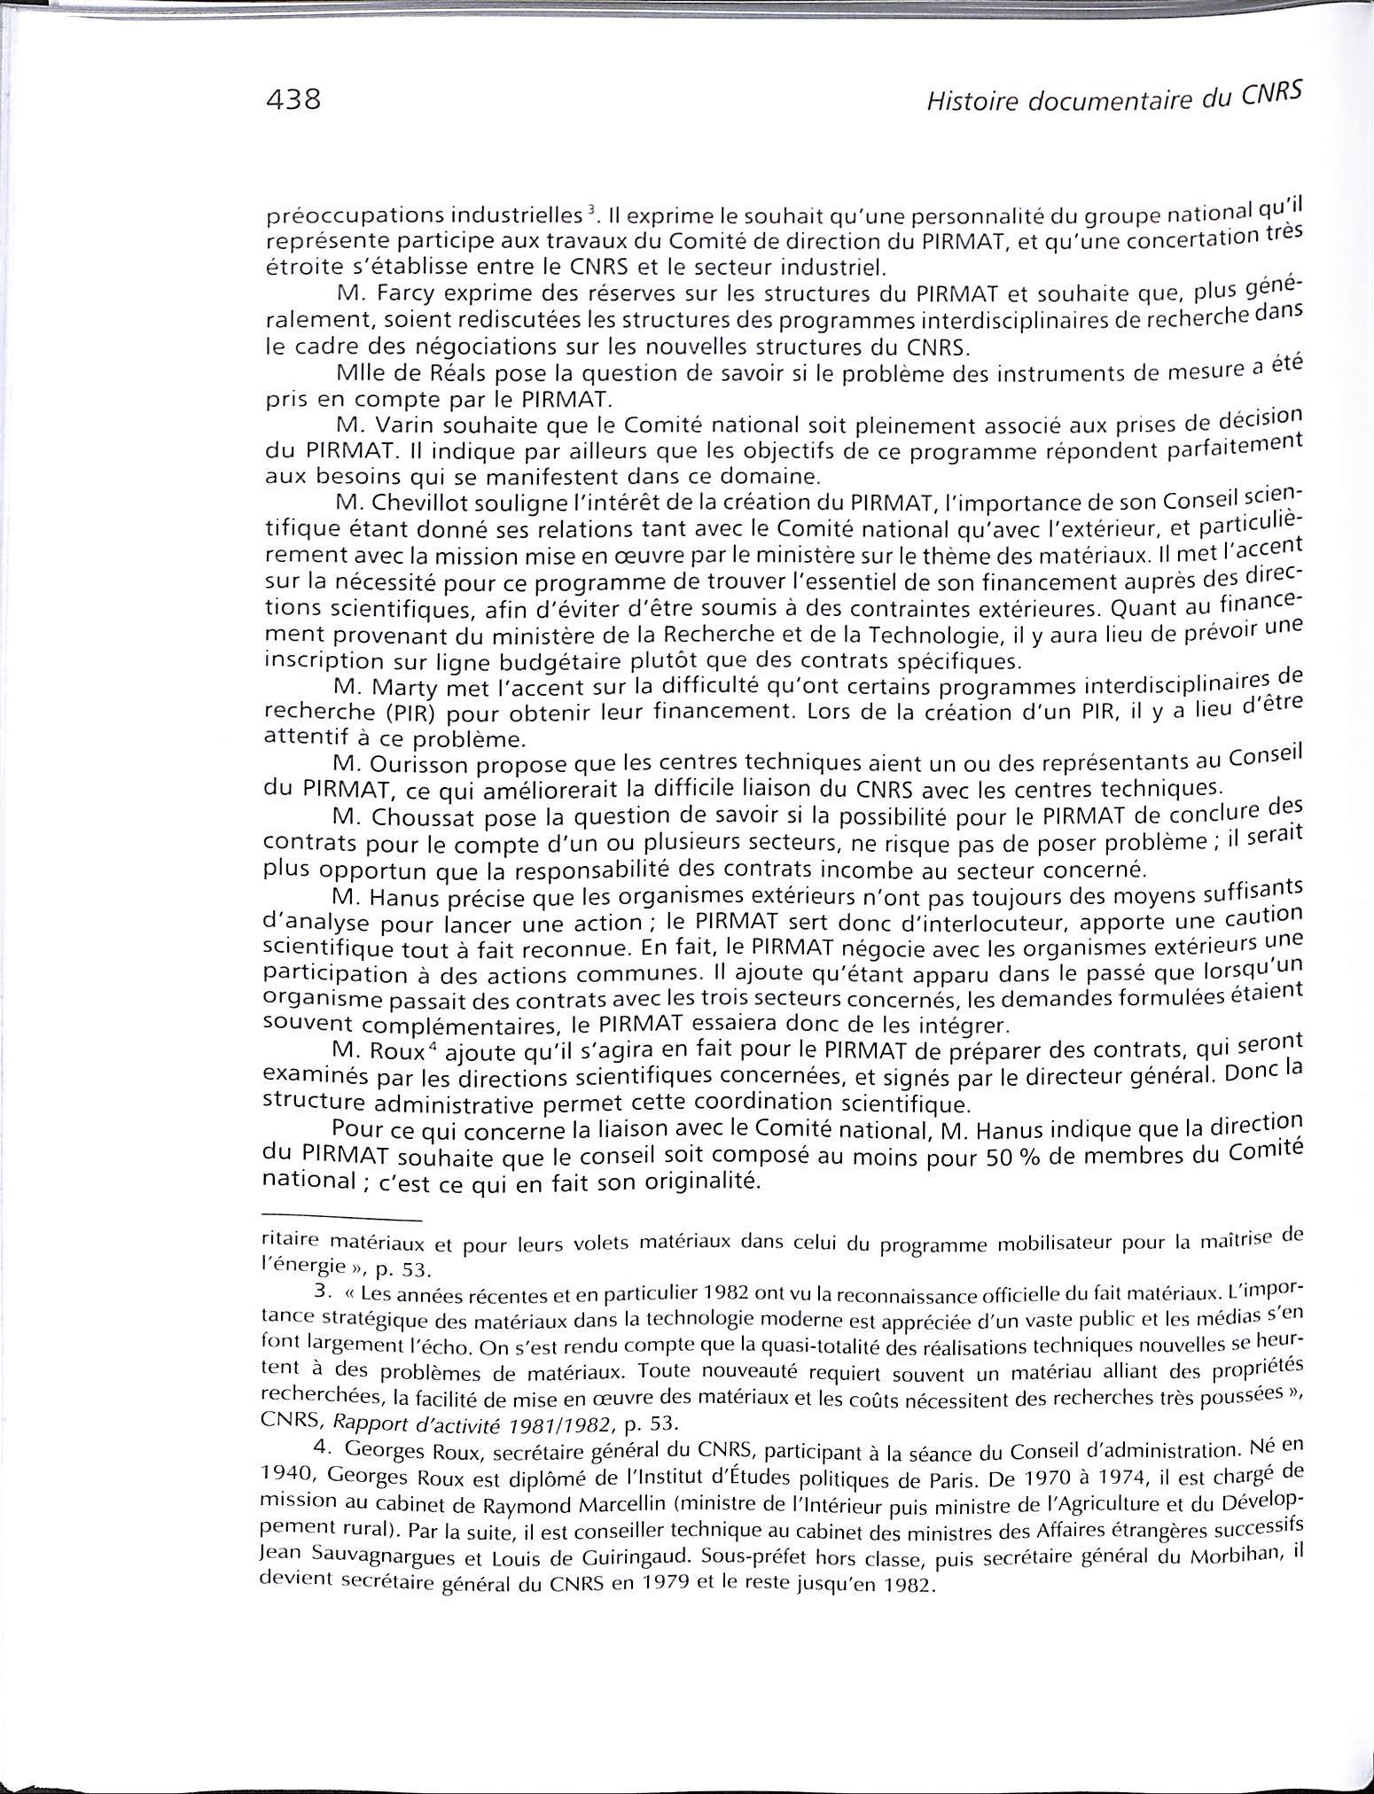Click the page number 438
pos(292,100)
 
